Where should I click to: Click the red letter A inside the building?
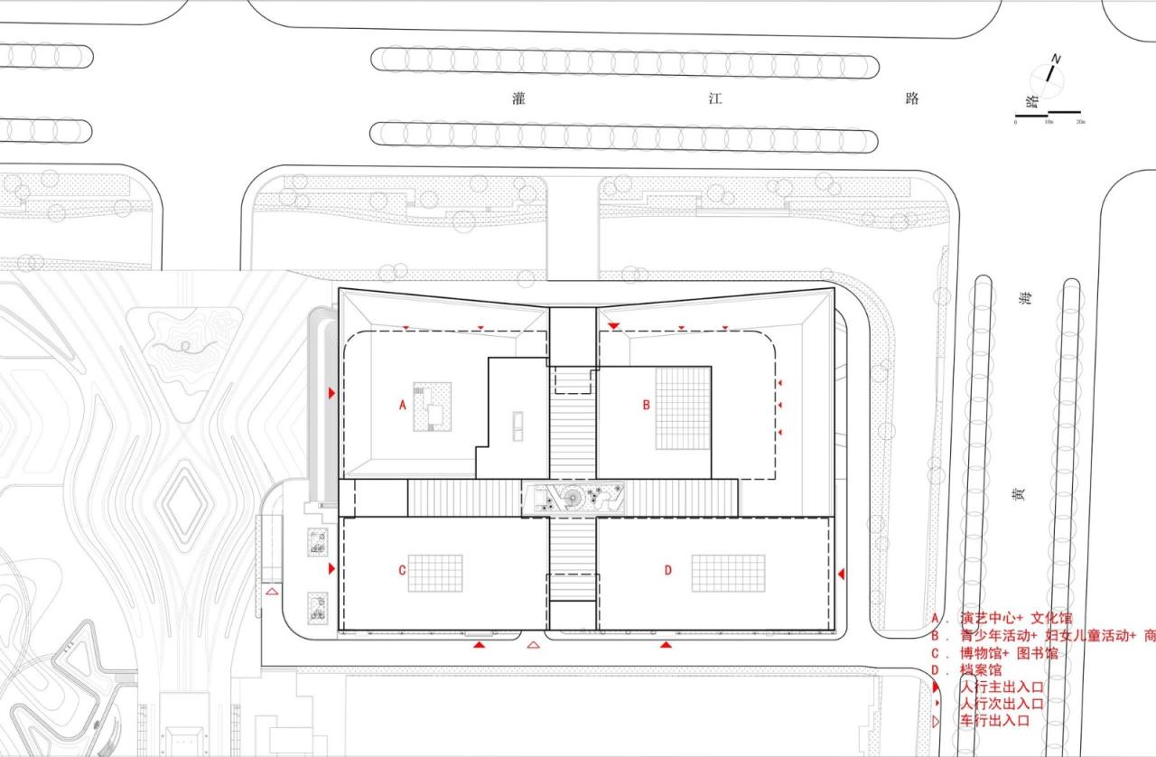coord(403,406)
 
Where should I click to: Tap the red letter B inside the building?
coord(646,406)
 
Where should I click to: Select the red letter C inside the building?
coord(402,570)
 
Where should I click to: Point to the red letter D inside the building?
coord(668,570)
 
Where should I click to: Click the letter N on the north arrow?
coord(1056,61)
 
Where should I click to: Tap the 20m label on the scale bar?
coord(1079,122)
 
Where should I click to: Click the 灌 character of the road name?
coord(518,99)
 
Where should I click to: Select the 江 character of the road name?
coord(715,99)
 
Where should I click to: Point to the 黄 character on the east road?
coord(1020,494)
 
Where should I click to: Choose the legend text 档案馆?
coord(981,670)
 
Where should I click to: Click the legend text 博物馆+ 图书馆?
coord(1009,653)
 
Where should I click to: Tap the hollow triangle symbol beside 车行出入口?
coord(937,721)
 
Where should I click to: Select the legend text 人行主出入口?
coord(1002,687)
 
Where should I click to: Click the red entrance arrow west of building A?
coord(332,393)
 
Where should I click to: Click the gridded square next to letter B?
coord(684,408)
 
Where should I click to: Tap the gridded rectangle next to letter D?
coord(728,573)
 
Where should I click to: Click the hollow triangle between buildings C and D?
coord(533,645)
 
